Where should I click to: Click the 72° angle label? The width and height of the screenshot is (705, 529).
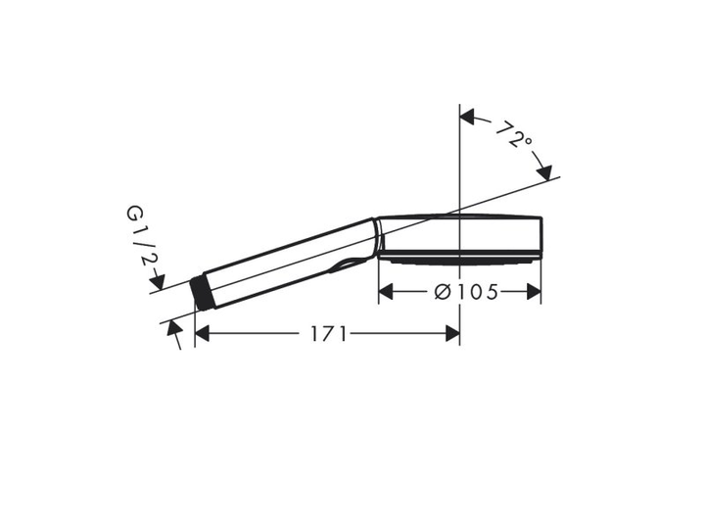(x=513, y=134)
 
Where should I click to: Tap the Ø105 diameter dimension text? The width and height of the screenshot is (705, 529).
(x=466, y=292)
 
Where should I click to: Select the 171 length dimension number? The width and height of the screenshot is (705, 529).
(x=329, y=334)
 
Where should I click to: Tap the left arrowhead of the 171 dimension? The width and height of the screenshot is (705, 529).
(x=202, y=334)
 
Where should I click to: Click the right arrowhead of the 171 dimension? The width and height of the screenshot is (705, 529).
(x=452, y=334)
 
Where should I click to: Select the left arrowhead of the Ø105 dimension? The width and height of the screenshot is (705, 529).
(x=386, y=292)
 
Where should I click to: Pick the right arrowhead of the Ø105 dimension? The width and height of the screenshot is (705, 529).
(x=534, y=292)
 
